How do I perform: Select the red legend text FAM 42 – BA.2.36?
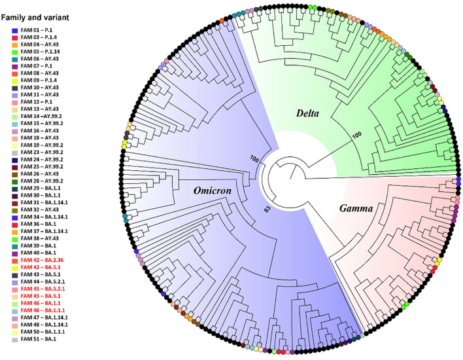point(45,261)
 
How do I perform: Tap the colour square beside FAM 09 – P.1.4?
point(14,80)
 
